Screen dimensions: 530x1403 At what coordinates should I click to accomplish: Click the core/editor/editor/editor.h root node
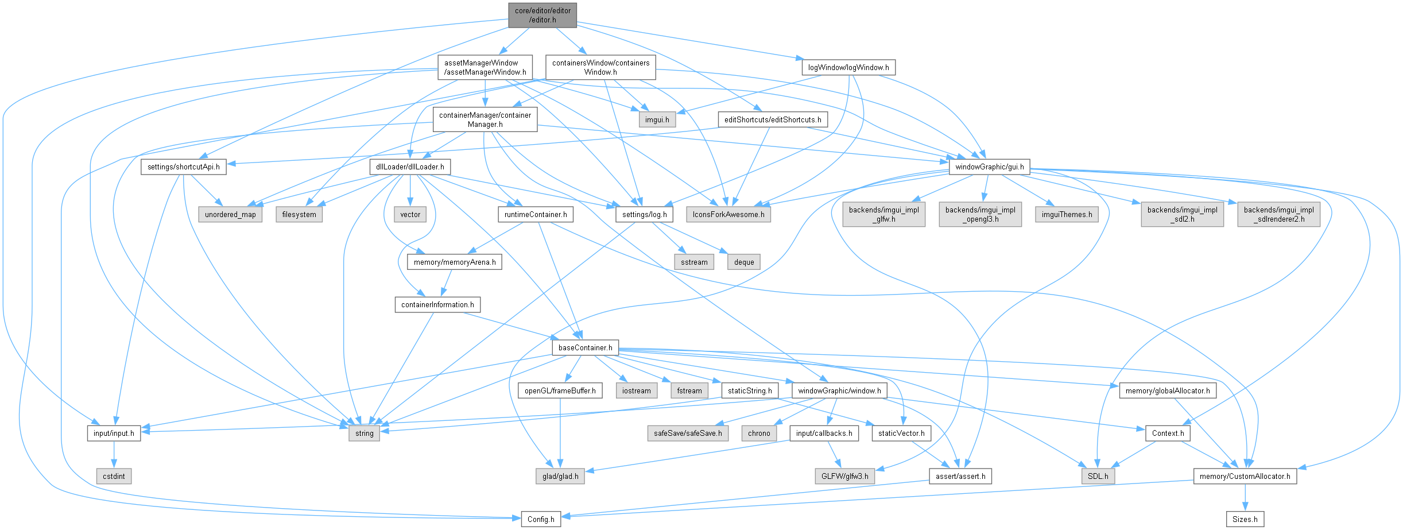point(542,15)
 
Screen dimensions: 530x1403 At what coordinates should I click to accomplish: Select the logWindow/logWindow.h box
point(848,67)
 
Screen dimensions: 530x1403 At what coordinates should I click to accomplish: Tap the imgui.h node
point(657,120)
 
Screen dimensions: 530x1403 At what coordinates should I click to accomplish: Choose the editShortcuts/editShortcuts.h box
point(772,119)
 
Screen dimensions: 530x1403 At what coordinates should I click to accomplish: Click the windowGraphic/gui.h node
point(989,167)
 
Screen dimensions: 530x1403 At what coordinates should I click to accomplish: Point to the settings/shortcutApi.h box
point(183,167)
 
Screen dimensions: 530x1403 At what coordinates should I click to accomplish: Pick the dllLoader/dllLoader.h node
point(410,167)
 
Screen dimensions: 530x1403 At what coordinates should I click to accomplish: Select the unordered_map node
point(230,214)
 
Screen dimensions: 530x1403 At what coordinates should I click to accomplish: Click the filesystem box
point(299,214)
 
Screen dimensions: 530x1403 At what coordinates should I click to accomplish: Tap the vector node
point(410,214)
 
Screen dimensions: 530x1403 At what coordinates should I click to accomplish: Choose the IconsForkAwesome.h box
point(728,214)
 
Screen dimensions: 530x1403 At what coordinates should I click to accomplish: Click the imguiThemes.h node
point(1066,214)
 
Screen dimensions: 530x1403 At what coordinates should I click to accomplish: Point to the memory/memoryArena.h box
point(454,262)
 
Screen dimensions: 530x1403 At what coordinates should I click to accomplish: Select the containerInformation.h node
point(437,304)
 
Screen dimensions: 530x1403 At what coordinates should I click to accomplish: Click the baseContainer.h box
point(585,347)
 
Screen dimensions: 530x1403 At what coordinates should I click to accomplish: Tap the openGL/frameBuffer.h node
point(560,390)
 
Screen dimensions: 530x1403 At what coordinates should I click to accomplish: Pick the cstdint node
point(114,476)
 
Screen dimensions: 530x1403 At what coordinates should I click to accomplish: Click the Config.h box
point(541,519)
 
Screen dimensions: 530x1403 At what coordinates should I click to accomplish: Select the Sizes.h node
point(1245,519)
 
